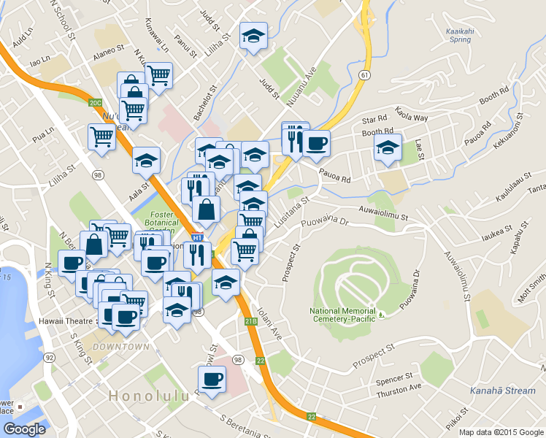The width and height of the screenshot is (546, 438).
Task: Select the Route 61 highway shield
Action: [364, 74]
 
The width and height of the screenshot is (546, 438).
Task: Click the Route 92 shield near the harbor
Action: [50, 357]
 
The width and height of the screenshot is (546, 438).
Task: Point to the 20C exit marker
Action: [96, 103]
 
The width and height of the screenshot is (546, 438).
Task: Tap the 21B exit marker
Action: [251, 321]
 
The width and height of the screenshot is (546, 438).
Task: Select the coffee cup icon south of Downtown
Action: [212, 379]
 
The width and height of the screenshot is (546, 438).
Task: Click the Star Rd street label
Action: [374, 120]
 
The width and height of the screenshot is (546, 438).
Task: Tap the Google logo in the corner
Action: [24, 429]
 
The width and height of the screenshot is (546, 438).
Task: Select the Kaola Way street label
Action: [412, 115]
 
